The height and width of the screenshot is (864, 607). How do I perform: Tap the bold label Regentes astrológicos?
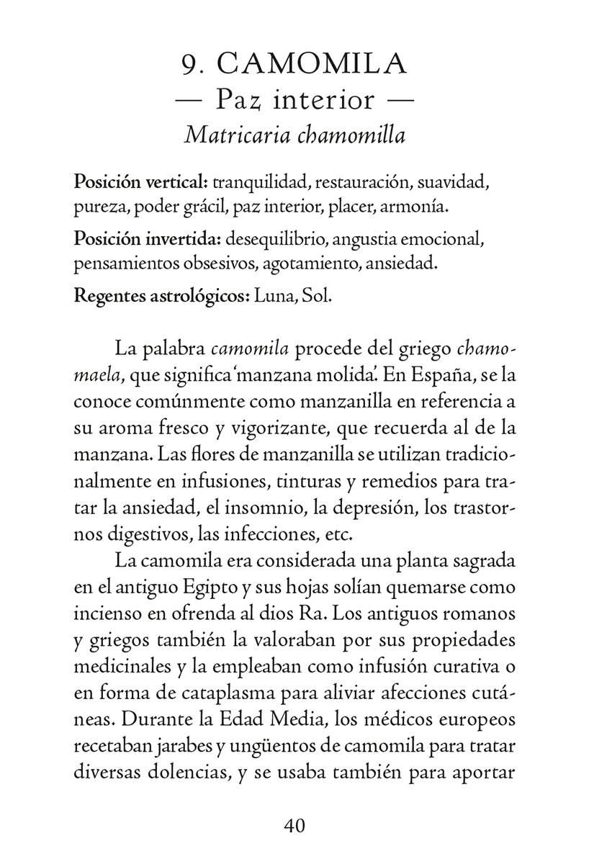(x=161, y=295)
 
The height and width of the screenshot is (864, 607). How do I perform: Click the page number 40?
(x=295, y=824)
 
